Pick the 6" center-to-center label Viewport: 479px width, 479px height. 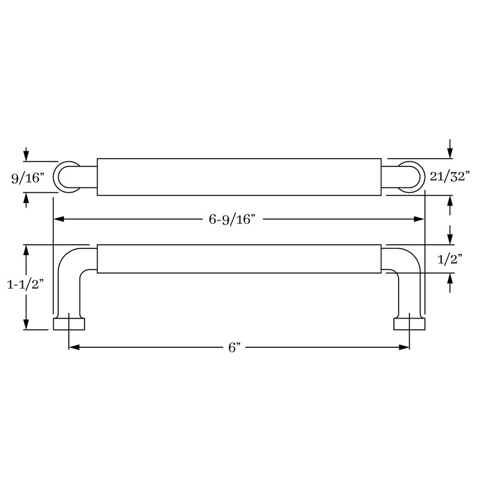click(x=234, y=347)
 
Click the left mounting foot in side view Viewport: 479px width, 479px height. click(x=69, y=324)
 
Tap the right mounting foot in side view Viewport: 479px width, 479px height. click(x=409, y=324)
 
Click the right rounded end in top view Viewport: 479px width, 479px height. click(x=413, y=177)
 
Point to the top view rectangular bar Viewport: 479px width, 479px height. click(x=239, y=177)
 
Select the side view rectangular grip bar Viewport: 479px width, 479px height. click(x=239, y=259)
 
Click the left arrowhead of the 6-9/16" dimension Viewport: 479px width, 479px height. click(x=59, y=220)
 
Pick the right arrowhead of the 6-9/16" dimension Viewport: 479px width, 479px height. click(x=420, y=220)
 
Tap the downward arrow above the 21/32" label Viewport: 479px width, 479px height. click(x=450, y=153)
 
